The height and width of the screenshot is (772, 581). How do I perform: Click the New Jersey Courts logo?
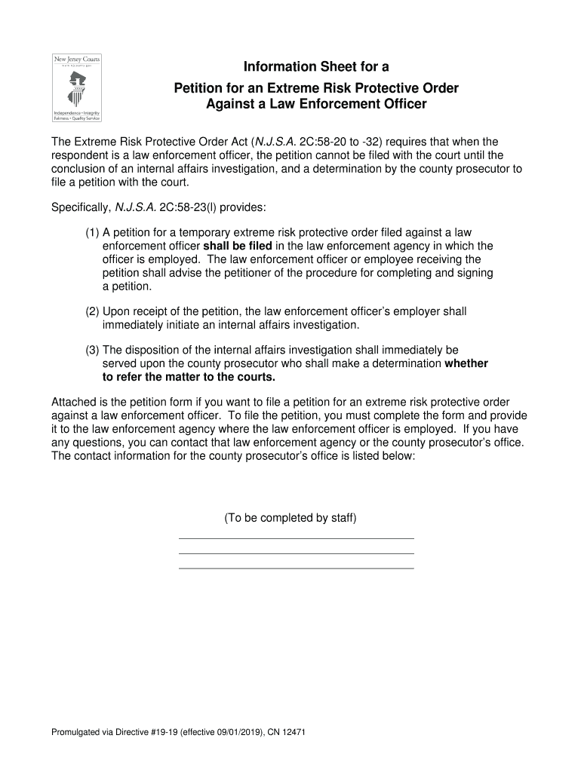click(x=76, y=87)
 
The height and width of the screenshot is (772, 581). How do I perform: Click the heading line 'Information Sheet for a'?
click(x=316, y=67)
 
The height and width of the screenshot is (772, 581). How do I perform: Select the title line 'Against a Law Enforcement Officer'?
click(x=316, y=104)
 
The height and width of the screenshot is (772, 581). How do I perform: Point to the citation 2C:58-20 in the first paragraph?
click(x=323, y=142)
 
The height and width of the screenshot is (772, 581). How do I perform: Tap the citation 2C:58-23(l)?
click(x=179, y=207)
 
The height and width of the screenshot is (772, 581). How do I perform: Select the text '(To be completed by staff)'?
click(x=290, y=518)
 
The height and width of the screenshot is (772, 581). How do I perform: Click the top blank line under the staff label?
click(x=296, y=538)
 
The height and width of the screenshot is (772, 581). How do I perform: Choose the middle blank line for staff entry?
click(x=296, y=553)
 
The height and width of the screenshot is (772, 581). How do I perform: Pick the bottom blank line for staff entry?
click(x=296, y=568)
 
